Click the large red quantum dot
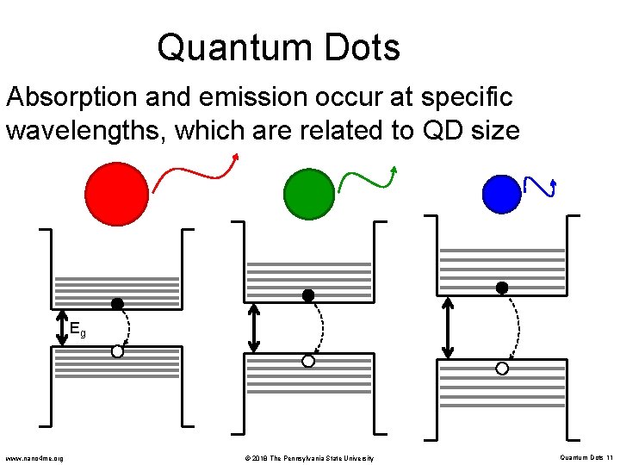click(117, 193)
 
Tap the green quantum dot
click(308, 193)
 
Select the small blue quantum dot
click(502, 193)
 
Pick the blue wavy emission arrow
click(540, 187)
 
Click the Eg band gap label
click(77, 329)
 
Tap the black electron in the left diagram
click(117, 304)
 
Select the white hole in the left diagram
click(117, 351)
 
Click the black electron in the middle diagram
click(308, 295)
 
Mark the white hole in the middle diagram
click(308, 362)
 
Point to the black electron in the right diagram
click(502, 288)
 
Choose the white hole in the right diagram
click(502, 369)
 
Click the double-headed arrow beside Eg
click(61, 327)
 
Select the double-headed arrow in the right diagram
click(447, 327)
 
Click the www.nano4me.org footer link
click(34, 457)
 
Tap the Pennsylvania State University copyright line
click(307, 457)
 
